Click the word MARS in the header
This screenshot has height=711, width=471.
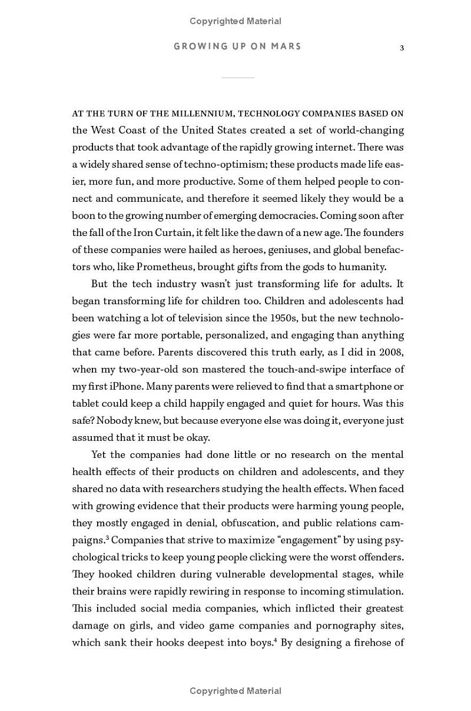[x=287, y=46]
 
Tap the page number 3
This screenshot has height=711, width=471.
[x=402, y=48]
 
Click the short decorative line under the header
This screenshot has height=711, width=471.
[x=238, y=77]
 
